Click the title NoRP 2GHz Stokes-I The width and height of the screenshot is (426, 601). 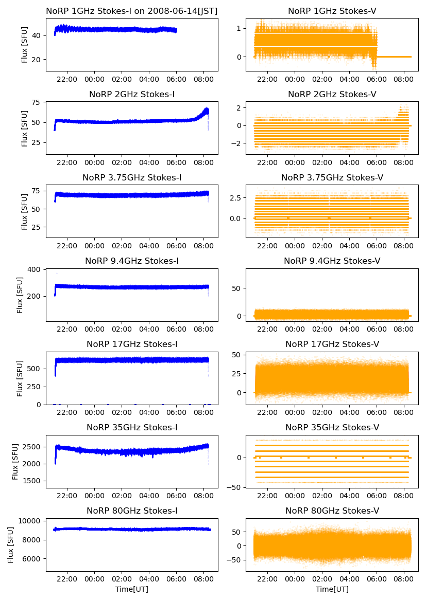(132, 95)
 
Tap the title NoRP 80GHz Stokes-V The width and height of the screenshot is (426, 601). (332, 511)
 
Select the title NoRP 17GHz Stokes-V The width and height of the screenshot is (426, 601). (332, 344)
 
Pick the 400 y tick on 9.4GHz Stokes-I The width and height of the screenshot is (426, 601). (36, 270)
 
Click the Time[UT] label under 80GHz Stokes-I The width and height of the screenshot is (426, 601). (132, 589)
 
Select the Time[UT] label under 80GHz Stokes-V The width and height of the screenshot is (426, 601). (332, 589)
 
